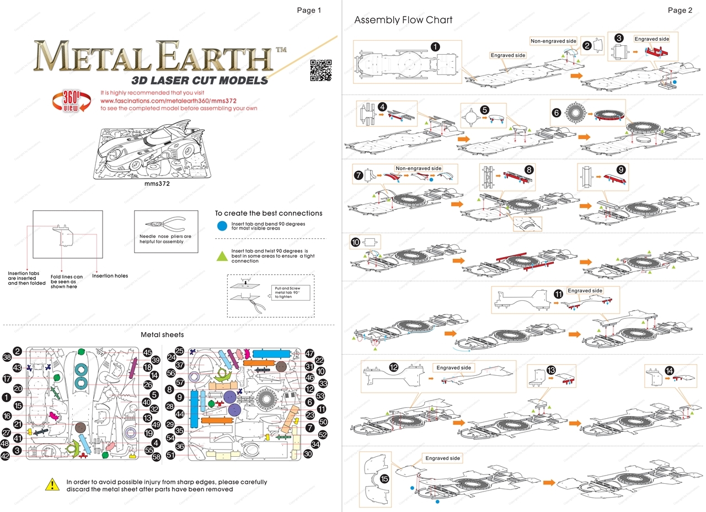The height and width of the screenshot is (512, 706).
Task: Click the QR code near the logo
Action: [320, 70]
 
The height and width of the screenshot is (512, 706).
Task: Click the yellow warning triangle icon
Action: [52, 485]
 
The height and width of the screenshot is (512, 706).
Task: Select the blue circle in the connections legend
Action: [221, 225]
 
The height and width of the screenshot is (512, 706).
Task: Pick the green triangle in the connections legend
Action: [221, 255]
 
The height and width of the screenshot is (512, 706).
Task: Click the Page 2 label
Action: [680, 10]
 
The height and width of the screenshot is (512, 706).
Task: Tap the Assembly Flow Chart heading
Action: [403, 20]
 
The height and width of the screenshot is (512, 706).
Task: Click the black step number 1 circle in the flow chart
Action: [435, 47]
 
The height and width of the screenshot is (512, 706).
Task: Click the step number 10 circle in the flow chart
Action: [356, 242]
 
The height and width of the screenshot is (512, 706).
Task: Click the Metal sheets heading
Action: [162, 334]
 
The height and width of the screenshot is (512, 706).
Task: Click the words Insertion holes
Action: [110, 276]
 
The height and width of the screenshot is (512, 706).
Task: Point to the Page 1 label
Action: [309, 10]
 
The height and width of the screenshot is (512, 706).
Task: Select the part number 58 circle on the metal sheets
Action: [156, 457]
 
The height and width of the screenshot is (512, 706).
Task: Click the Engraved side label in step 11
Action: [585, 291]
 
